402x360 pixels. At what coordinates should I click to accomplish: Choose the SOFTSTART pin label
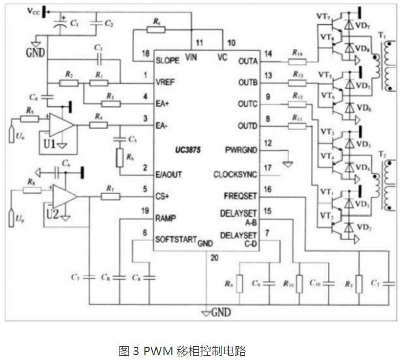point(176,239)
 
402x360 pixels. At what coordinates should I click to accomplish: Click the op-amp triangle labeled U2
point(62,195)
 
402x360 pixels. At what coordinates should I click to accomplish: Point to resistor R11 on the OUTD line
point(297,125)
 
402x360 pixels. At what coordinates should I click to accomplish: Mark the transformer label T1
point(383,35)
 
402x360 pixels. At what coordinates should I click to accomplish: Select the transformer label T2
point(383,154)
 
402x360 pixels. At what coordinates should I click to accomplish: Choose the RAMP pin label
point(167,217)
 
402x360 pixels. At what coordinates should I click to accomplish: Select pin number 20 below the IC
point(214,256)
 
